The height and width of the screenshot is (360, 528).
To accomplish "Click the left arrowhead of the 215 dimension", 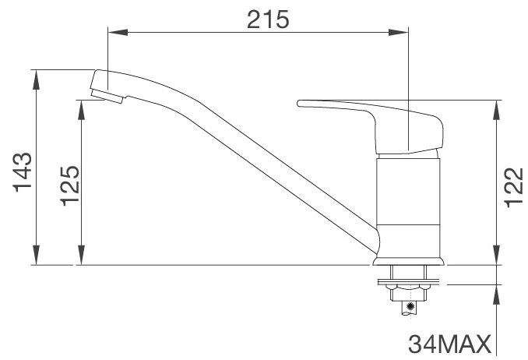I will click(113, 32).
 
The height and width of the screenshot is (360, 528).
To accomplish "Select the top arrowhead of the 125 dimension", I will click(81, 106).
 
